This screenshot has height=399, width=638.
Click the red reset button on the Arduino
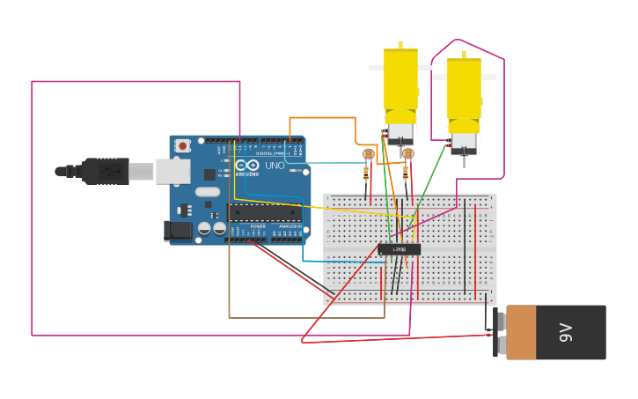click(182, 145)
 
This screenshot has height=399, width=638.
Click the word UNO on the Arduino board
click(275, 165)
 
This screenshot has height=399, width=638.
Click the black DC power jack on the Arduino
click(178, 231)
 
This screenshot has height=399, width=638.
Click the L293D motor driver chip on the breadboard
click(400, 249)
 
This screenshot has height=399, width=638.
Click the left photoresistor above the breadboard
click(369, 154)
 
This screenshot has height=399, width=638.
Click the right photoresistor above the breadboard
click(407, 154)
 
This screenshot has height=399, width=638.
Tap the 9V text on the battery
click(566, 332)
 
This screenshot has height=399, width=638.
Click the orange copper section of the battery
click(521, 332)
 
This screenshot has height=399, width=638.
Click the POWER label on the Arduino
click(258, 226)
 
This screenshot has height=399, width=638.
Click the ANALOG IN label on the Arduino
click(289, 226)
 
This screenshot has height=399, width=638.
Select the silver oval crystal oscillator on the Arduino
click(208, 191)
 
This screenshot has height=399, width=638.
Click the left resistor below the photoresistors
click(366, 173)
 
